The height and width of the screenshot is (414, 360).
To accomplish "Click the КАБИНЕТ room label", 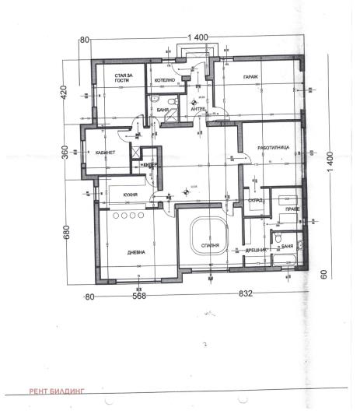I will click(105, 153).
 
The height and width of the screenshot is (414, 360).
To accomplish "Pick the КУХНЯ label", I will click(130, 194).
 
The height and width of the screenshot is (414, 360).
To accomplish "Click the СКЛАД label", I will click(255, 200).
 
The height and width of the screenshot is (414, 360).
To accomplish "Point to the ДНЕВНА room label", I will click(138, 252).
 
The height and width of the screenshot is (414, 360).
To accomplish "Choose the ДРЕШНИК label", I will click(257, 250).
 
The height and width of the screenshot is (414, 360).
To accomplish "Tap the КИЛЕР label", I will click(150, 165).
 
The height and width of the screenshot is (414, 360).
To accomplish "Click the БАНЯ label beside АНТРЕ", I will click(163, 110).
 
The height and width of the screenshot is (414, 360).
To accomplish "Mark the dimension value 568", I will click(138, 296).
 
